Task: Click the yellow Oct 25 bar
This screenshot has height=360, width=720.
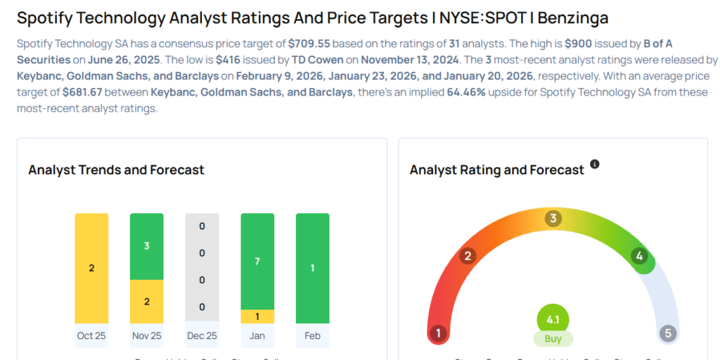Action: click(91, 268)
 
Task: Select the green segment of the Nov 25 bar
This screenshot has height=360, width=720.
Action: click(147, 246)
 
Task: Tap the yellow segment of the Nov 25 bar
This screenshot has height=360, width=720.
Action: click(147, 301)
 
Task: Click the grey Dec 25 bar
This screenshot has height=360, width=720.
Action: click(202, 268)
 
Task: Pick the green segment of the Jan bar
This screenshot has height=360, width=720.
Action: click(257, 261)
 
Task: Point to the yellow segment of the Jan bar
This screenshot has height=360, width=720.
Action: click(257, 316)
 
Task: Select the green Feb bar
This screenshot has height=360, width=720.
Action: click(312, 268)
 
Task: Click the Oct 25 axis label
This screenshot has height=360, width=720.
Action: click(91, 336)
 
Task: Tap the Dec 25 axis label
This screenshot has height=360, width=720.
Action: click(202, 336)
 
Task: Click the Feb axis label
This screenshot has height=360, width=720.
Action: click(312, 336)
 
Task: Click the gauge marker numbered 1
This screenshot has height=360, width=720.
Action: click(438, 333)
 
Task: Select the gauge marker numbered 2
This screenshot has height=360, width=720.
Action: click(467, 256)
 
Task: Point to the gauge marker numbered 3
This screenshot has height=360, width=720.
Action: click(553, 219)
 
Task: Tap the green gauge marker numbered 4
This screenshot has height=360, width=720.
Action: click(640, 256)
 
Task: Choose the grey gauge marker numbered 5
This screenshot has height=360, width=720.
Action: click(668, 333)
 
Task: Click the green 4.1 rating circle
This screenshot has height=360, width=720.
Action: click(553, 320)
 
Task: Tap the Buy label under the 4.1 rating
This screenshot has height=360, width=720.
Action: click(553, 338)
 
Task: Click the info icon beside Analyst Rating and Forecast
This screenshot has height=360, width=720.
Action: click(595, 164)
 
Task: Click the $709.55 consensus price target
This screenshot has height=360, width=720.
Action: click(309, 44)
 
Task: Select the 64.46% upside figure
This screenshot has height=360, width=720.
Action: click(465, 92)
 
